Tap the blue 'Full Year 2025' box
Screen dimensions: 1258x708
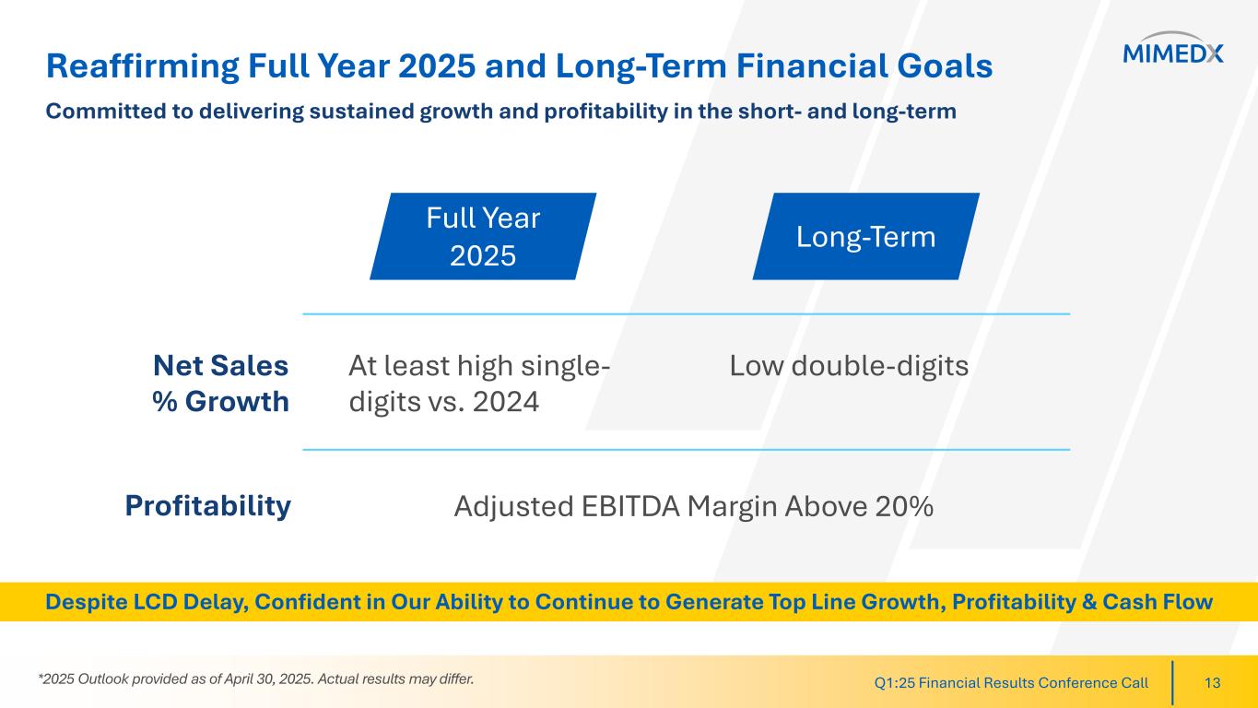coord(483,236)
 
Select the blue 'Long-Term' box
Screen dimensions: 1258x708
coord(866,236)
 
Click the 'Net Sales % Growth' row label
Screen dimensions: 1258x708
coord(220,383)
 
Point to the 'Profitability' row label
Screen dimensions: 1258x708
coord(207,506)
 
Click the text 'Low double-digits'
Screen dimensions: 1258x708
coord(849,366)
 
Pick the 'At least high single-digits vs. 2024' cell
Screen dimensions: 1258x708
coord(479,383)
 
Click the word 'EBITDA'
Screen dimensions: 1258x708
coord(630,506)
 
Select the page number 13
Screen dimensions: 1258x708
coord(1213,683)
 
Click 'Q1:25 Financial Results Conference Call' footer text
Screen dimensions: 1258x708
coord(1011,683)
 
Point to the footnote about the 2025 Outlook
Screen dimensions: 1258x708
coord(256,678)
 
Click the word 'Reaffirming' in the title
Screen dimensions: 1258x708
coord(143,66)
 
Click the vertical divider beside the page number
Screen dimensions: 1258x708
coord(1172,683)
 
